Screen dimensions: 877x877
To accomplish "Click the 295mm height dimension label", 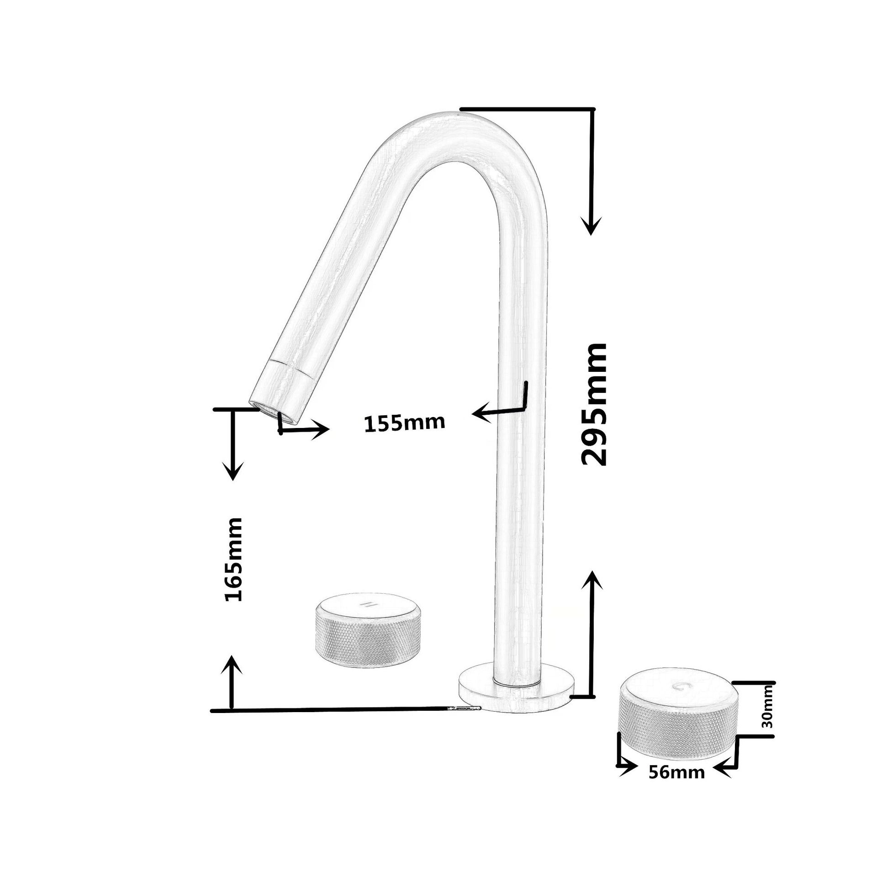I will [x=594, y=404].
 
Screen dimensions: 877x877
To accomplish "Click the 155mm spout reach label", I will [x=404, y=423].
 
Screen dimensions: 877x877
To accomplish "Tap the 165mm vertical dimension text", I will [x=234, y=559].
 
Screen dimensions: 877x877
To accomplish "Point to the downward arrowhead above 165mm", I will [x=233, y=470].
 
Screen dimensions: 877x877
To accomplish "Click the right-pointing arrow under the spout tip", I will [x=320, y=429].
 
